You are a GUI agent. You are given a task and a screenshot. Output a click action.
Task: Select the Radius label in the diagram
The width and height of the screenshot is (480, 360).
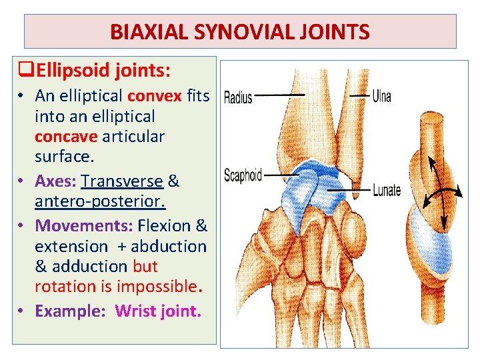click(238, 97)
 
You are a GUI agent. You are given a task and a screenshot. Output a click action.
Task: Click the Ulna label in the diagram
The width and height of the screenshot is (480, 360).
click(382, 97)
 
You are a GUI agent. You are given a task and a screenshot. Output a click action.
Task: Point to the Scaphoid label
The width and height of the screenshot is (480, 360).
click(243, 176)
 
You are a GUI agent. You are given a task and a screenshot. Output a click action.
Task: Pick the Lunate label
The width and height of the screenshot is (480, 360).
click(387, 190)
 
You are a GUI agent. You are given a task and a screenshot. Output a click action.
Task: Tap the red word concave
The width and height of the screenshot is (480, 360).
click(67, 136)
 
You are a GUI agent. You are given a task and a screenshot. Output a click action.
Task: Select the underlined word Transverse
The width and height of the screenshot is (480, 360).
click(122, 181)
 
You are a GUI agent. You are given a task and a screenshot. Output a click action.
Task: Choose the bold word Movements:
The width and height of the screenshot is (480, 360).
click(84, 226)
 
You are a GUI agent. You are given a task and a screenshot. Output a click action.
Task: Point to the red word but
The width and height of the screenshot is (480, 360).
click(145, 266)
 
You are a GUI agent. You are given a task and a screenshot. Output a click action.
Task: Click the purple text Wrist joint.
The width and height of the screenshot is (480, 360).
click(158, 311)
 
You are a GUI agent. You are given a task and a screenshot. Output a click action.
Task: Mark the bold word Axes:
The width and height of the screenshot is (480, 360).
click(55, 181)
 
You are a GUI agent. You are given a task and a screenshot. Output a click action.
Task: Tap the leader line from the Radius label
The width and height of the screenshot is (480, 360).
click(280, 95)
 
